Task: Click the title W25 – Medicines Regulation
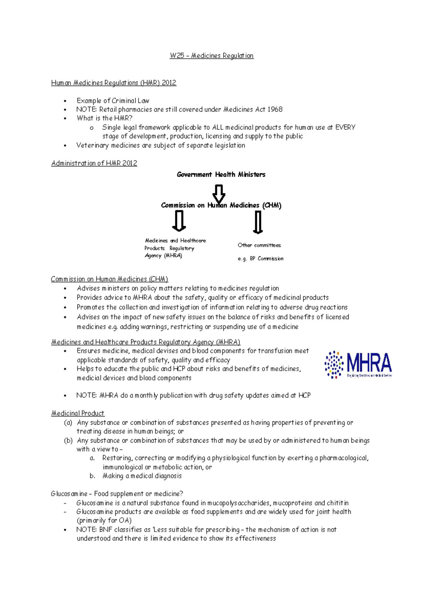pos(211,56)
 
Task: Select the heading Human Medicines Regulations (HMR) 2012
pos(114,83)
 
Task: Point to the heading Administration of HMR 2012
pos(94,163)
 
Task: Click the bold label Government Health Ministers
pos(221,175)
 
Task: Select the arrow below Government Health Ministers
pos(219,193)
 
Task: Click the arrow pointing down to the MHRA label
pos(179,221)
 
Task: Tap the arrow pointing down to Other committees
pos(258,222)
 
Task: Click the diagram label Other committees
pos(259,245)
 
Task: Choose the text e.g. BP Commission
pos(260,259)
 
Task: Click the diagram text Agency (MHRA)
pos(163,256)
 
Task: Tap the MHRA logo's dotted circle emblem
pos(333,364)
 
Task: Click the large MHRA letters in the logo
pos(369,363)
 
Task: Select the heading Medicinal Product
pos(78,413)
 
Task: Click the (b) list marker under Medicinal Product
pos(68,441)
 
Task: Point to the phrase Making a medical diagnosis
pos(142,476)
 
